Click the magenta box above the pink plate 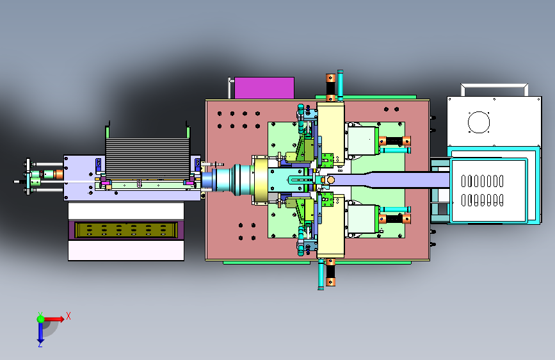(x=264, y=88)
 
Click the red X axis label (x=68, y=316)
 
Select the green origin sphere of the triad (x=41, y=319)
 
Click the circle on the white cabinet (x=479, y=122)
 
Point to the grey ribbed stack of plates (x=148, y=158)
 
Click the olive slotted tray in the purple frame (x=126, y=229)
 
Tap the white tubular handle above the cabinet (x=494, y=85)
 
